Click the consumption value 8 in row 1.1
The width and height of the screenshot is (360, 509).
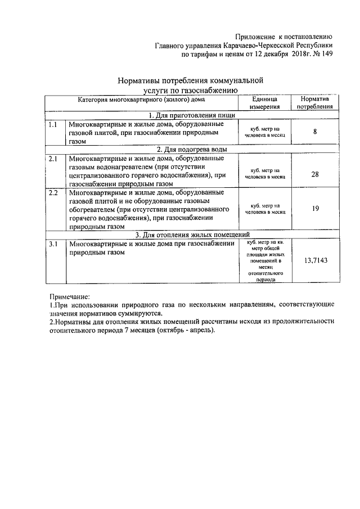(314, 133)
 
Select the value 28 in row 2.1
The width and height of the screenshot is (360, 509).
(314, 174)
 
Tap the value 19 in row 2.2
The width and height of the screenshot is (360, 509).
(314, 209)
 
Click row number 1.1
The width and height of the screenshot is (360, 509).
(53, 124)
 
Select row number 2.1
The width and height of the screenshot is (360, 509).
(53, 159)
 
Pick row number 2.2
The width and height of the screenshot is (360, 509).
(53, 192)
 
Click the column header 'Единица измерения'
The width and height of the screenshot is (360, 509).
(262, 102)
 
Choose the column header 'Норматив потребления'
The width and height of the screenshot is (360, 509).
(314, 102)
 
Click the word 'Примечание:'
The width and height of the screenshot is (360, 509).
(70, 296)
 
